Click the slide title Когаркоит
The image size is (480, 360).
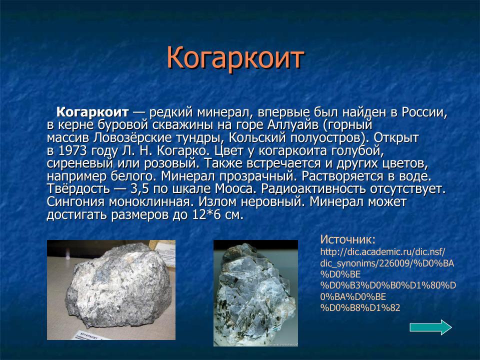click(x=235, y=58)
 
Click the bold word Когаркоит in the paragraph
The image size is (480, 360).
click(x=92, y=111)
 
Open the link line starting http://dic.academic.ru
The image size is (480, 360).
click(x=382, y=251)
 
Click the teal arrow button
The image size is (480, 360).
click(x=430, y=327)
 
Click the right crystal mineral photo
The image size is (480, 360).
click(x=255, y=292)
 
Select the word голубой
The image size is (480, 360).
click(x=356, y=150)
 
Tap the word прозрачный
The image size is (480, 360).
click(x=240, y=176)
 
